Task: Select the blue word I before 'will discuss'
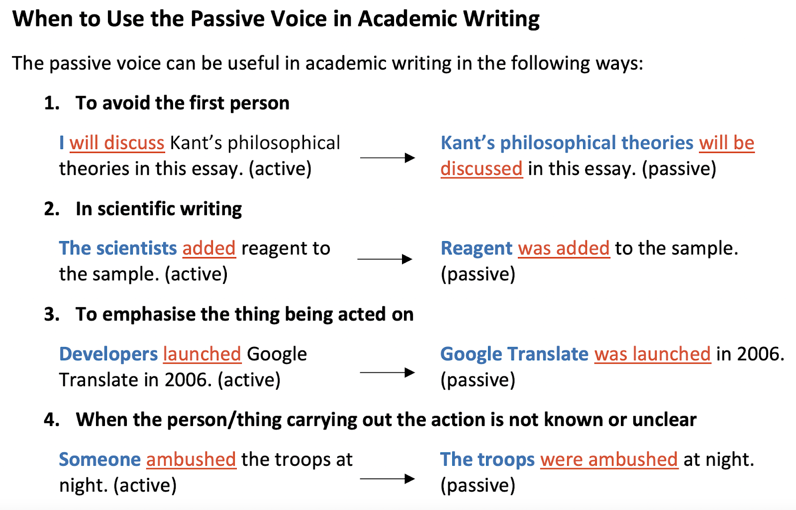[x=62, y=143]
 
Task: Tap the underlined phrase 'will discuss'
[x=117, y=143]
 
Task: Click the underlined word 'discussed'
[x=482, y=169]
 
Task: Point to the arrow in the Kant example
[x=388, y=158]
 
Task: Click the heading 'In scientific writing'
[x=159, y=209]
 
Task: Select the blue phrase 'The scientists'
[x=117, y=248]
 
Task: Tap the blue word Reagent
[x=476, y=249]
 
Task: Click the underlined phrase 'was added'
[x=564, y=248]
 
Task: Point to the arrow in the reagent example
[x=385, y=259]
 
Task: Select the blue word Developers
[x=108, y=354]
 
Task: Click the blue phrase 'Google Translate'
[x=514, y=354]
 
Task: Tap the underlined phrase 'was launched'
[x=652, y=354]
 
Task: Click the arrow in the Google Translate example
[x=388, y=372]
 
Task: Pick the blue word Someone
[x=100, y=460]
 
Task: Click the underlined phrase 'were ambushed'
[x=609, y=460]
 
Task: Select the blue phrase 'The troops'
[x=487, y=460]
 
